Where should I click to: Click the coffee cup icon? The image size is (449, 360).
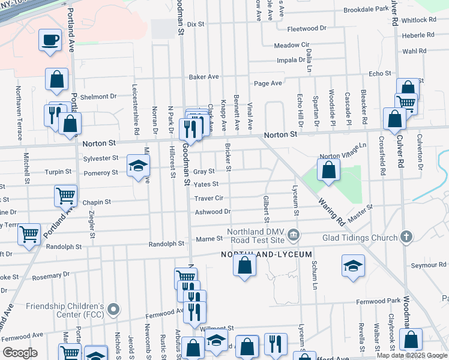[50, 41]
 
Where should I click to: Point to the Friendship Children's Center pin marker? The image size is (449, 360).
[113, 310]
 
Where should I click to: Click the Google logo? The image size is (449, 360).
[20, 353]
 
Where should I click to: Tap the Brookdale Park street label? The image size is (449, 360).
[366, 10]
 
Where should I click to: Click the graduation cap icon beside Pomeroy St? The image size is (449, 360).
[138, 166]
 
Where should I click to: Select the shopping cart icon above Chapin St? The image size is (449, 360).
[65, 195]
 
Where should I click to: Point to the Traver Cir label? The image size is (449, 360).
[208, 198]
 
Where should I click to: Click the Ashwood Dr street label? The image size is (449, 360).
[212, 212]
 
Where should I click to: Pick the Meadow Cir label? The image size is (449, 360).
[291, 46]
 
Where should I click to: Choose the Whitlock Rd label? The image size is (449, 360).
[419, 20]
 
